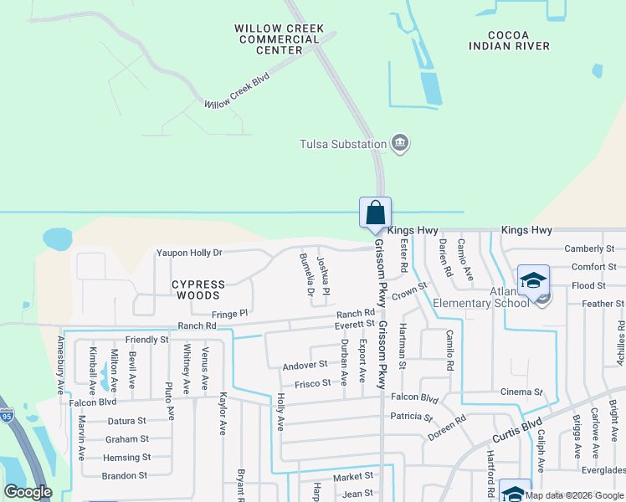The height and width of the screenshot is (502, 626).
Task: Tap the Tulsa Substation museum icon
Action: (x=400, y=143)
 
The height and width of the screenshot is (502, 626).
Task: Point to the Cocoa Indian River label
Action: (x=510, y=40)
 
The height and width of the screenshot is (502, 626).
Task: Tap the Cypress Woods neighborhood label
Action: (x=198, y=289)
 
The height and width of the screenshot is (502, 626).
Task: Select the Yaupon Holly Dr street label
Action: (x=189, y=252)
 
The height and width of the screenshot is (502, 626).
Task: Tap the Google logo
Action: (x=28, y=492)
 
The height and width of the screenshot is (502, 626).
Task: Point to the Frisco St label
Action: (x=313, y=384)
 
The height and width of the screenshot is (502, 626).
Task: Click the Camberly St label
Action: (x=589, y=248)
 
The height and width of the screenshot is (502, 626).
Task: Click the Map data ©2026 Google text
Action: (x=573, y=495)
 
